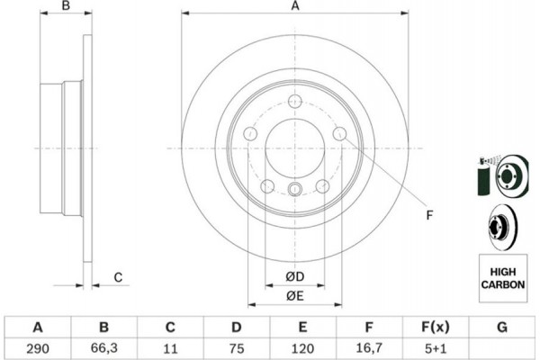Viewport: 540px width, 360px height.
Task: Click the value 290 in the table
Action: tap(38, 348)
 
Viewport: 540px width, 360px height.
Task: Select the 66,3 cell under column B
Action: tap(104, 348)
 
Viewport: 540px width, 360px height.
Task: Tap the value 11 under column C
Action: tap(170, 348)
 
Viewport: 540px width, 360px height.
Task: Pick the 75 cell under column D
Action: tap(237, 348)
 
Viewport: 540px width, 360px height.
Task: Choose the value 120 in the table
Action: tap(302, 348)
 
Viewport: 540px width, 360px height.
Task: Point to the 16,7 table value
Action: tap(369, 348)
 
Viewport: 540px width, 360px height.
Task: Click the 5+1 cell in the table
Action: tap(436, 348)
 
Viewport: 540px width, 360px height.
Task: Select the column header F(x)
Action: tap(436, 327)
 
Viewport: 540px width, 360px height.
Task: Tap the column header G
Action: tap(502, 327)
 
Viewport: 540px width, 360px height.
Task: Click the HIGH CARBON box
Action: tap(503, 278)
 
